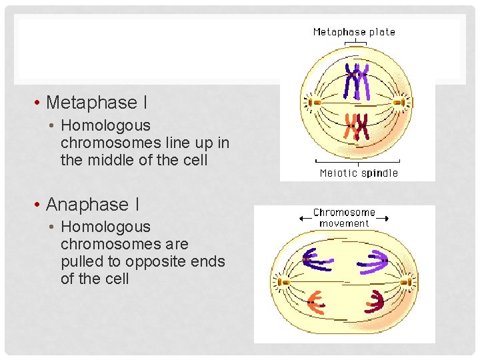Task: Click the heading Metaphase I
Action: [97, 103]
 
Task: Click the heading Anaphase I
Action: [93, 205]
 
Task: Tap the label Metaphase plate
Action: [354, 31]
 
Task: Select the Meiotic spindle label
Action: [359, 173]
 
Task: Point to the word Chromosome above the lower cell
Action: [344, 213]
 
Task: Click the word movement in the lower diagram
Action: [344, 223]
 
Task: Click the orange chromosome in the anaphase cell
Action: [314, 302]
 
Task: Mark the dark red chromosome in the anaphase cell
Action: [374, 301]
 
